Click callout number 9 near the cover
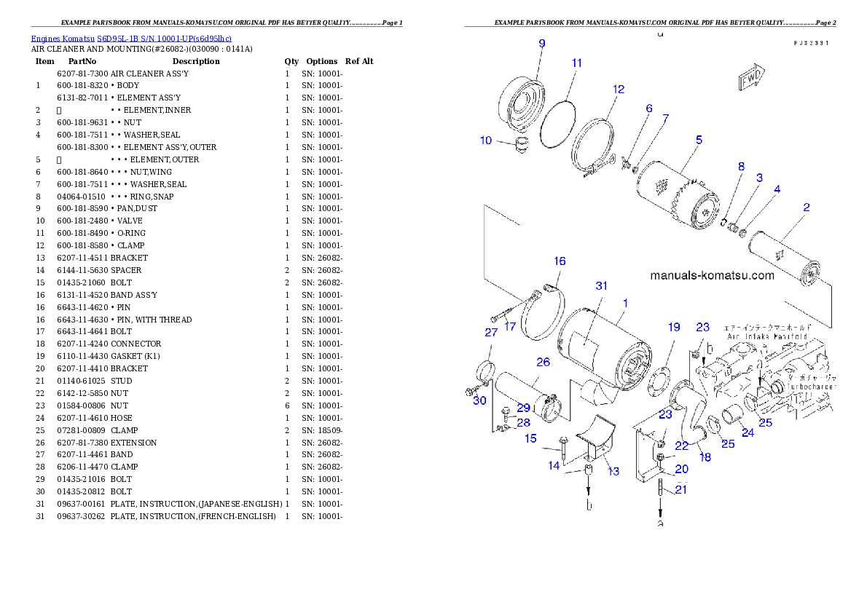(541, 43)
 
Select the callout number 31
(601, 286)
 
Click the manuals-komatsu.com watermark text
(712, 275)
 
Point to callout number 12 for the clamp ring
(619, 90)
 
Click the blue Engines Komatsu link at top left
(131, 39)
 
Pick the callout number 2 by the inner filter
(806, 207)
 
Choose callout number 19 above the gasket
(674, 327)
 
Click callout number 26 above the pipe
(543, 362)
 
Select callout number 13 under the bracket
(613, 472)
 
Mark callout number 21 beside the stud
(680, 490)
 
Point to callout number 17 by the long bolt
(510, 326)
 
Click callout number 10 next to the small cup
(486, 141)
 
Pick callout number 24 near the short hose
(748, 432)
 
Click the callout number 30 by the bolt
(479, 400)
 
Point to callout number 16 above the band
(559, 261)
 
